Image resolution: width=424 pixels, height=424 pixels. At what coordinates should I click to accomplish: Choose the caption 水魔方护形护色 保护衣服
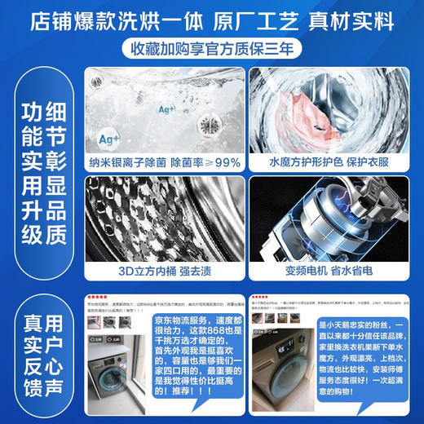pyautogui.click(x=329, y=162)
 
